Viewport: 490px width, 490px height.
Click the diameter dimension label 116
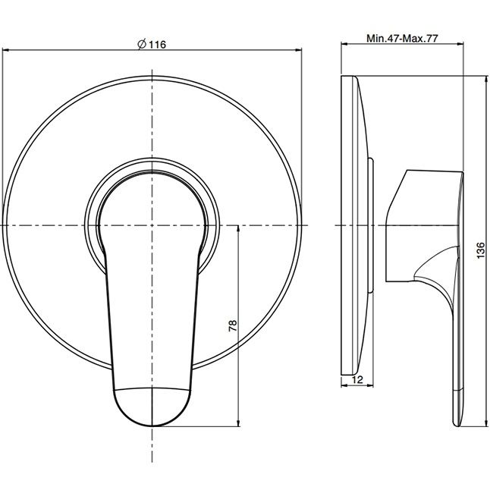157,45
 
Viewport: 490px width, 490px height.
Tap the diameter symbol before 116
142,45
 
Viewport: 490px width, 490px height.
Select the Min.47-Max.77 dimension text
402,39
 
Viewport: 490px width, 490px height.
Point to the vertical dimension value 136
481,250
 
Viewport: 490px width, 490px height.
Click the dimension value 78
233,325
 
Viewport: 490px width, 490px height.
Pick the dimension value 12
357,380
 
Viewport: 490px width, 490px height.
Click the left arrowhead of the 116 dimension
5,49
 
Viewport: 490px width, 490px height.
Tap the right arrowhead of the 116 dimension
299,49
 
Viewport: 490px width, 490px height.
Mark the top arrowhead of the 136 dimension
486,79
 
